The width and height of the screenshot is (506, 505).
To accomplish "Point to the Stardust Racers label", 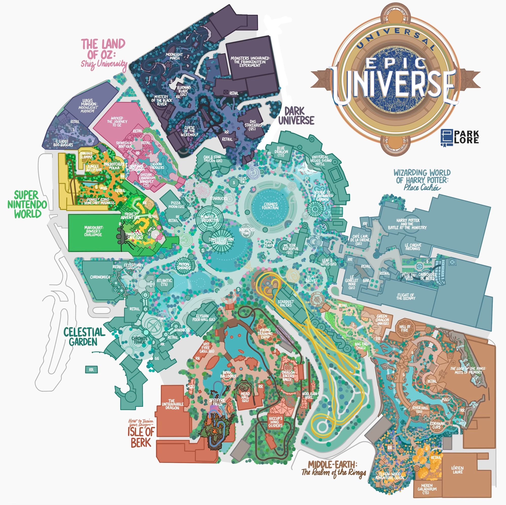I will [286, 304].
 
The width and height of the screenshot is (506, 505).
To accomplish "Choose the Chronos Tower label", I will [139, 340].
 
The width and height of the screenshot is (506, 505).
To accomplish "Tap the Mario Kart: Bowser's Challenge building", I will [93, 233].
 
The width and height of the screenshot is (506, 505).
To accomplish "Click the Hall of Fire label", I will [405, 328].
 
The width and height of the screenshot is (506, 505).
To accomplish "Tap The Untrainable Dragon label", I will [172, 404].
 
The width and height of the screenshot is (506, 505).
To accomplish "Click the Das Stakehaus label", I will [253, 125].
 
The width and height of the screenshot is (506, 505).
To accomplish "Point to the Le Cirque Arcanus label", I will [413, 247].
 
